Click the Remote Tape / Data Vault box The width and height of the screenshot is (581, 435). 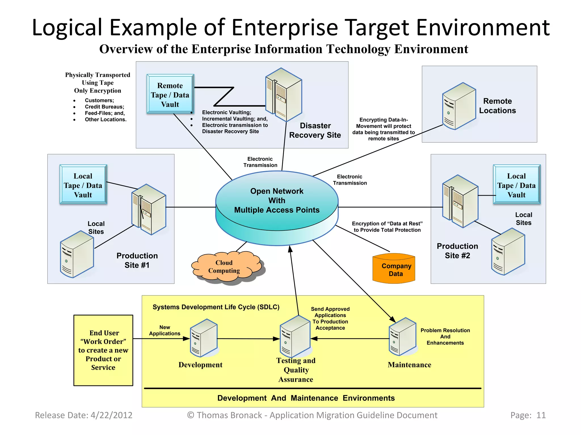pos(170,94)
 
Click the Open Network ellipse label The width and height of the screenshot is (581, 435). pos(277,201)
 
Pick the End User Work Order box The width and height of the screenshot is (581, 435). pos(103,350)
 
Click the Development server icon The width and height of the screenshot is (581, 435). pos(203,338)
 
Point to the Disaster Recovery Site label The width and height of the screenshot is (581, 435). pos(315,130)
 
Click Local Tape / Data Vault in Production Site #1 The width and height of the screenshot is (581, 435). pos(83,185)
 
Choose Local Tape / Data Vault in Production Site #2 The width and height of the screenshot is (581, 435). pos(516,185)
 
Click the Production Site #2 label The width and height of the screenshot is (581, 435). pos(457,251)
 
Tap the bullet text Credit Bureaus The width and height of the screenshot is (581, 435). pos(104,107)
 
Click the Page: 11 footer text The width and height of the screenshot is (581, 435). pos(528,415)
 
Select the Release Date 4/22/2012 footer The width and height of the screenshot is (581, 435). pos(84,415)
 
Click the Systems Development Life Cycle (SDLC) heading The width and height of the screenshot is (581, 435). pos(216,307)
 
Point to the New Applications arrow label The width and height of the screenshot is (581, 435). pos(165,330)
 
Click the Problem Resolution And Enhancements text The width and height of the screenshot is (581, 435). pos(445,336)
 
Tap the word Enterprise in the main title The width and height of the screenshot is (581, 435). pos(285,27)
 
